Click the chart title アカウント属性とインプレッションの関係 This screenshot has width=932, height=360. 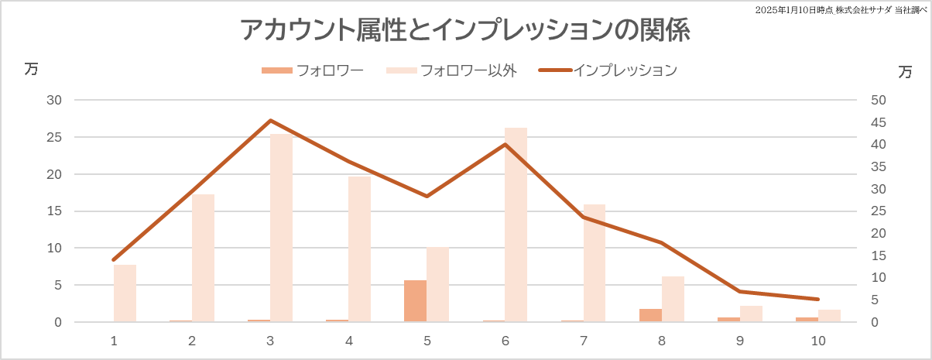(x=464, y=31)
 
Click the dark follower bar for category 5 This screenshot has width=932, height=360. (x=415, y=301)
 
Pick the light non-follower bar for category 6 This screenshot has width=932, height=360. (x=516, y=225)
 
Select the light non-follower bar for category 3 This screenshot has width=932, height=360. (x=281, y=228)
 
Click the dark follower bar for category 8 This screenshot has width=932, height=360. (x=650, y=315)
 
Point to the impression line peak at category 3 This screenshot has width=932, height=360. (x=270, y=121)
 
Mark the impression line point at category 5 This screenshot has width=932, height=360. (x=427, y=196)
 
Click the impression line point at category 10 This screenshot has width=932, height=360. (x=818, y=299)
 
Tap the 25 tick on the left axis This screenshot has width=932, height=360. (x=54, y=137)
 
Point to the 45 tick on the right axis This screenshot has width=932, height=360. (x=879, y=122)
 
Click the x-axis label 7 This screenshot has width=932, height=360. (x=583, y=341)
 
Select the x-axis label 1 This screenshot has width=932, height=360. (x=114, y=341)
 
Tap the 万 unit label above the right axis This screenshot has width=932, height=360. (x=905, y=72)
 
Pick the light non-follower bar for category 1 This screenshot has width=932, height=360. (x=125, y=293)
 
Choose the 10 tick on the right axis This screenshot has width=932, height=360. (x=879, y=278)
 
